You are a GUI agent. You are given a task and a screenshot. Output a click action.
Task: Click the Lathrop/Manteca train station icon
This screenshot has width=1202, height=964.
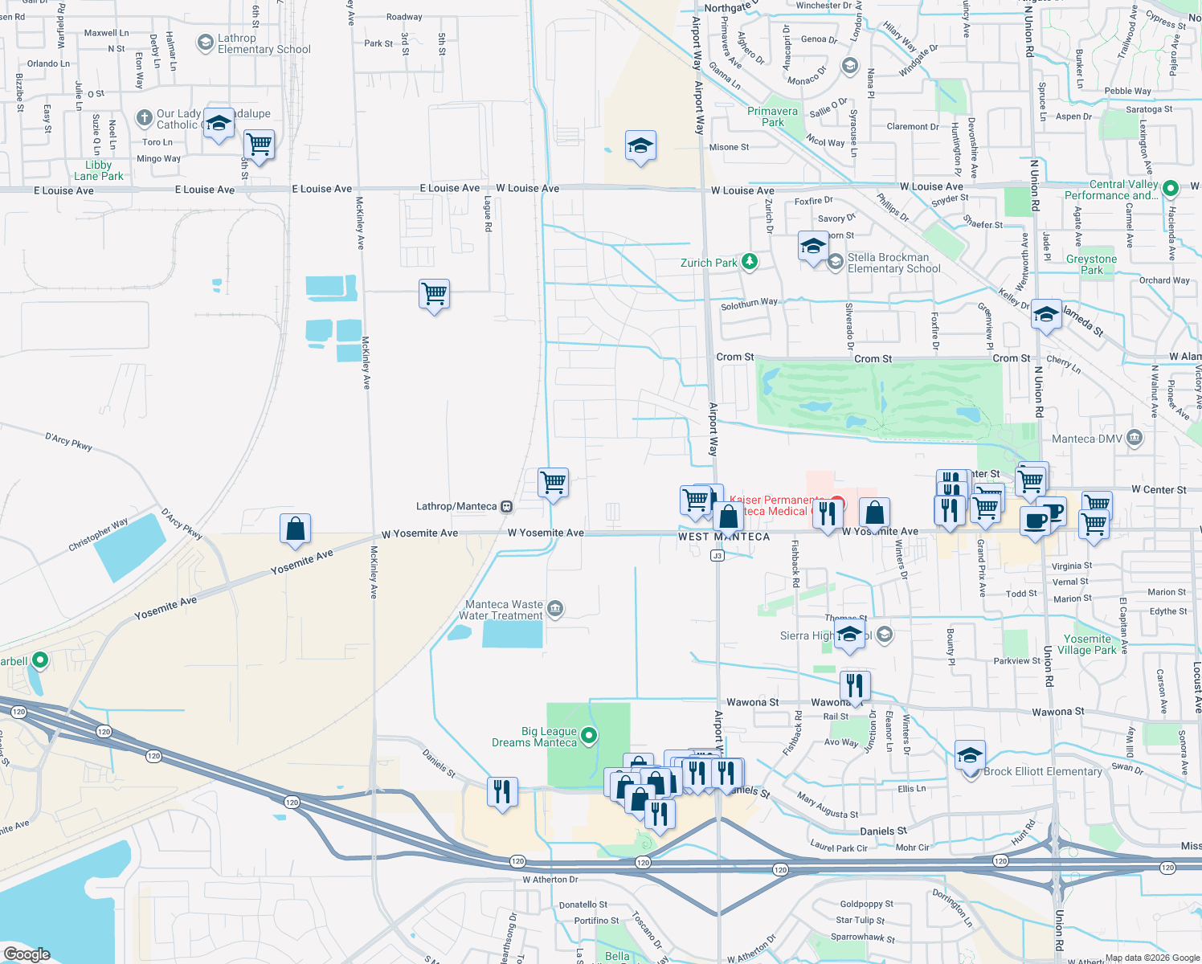tap(507, 506)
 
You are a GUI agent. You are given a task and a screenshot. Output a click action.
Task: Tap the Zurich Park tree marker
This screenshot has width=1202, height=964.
tap(750, 262)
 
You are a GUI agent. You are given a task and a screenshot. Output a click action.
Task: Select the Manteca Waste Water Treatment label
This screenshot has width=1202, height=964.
tap(504, 611)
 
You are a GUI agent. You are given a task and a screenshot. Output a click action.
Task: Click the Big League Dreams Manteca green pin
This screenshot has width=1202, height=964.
tap(589, 735)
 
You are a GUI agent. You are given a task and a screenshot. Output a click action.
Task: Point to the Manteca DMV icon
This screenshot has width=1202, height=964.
tap(1135, 438)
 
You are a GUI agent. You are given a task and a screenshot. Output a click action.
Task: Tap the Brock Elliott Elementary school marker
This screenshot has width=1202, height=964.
tap(971, 756)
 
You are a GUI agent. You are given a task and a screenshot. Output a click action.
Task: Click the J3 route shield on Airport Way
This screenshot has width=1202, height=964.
tap(718, 555)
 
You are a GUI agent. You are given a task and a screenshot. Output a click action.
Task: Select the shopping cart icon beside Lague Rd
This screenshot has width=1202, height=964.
tap(434, 295)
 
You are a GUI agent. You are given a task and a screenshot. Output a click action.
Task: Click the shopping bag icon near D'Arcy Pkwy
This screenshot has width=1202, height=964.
tap(295, 529)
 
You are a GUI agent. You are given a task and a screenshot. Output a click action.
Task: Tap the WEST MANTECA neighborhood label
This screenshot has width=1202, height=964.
tap(724, 537)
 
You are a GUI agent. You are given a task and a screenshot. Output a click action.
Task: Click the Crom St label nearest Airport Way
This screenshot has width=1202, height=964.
tap(734, 357)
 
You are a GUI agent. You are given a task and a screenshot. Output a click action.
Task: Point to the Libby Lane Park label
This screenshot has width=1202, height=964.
tap(99, 170)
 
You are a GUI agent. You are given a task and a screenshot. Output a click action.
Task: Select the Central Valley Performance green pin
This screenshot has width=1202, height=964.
tap(1171, 189)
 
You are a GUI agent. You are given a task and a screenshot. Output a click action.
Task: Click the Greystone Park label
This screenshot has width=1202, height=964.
tap(1091, 264)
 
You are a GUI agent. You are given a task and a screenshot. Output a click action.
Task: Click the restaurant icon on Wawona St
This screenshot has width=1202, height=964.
tap(855, 686)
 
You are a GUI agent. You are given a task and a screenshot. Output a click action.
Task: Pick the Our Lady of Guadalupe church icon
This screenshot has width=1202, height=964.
tap(144, 119)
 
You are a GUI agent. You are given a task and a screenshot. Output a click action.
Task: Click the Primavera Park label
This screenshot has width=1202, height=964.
tap(772, 116)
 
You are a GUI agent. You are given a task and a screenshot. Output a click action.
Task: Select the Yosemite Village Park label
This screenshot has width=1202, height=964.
tap(1087, 644)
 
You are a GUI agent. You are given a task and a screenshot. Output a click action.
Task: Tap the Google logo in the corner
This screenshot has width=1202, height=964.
tap(27, 954)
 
